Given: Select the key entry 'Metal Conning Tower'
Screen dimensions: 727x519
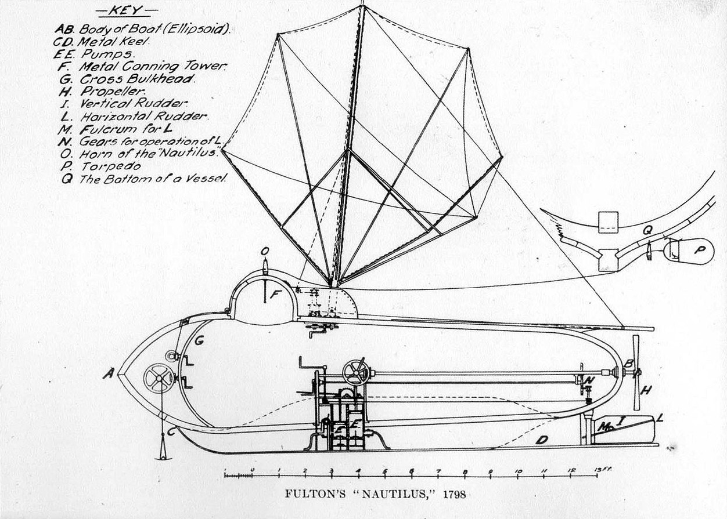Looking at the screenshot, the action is point(142,67).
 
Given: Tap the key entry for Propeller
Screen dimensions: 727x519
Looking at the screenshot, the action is point(102,92).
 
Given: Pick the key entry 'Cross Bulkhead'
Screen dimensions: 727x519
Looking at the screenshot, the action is point(127,79).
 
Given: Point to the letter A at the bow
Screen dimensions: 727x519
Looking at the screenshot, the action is point(109,375).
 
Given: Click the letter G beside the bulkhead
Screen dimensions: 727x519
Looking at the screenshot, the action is point(199,340).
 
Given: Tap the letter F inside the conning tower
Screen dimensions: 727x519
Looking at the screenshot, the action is point(275,295).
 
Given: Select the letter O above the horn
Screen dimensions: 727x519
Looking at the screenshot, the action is point(265,251).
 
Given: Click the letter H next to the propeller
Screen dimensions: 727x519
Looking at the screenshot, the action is point(646,390).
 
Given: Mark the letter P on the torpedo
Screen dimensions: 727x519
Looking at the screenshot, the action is point(701,249).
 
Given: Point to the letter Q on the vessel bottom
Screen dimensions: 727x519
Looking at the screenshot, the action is point(647,230).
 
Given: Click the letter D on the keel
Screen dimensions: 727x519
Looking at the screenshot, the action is point(542,440).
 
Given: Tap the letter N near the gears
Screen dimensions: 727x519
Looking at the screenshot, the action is point(588,380).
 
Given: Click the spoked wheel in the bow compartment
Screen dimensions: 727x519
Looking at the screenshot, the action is point(159,378).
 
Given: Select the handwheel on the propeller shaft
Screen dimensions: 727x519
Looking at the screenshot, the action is point(356,373).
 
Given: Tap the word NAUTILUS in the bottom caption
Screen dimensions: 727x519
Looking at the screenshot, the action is point(396,495).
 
